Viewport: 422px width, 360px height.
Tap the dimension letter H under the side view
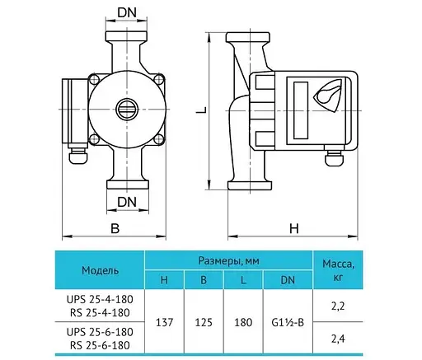coord(293,228)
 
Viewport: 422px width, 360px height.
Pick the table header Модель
coord(101,270)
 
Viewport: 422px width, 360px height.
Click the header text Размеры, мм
coord(228,260)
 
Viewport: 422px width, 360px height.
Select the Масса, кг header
coord(338,270)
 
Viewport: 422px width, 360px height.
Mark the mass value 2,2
coord(338,304)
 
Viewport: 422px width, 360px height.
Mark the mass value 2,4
coord(338,337)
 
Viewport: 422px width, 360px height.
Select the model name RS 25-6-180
coord(101,344)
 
